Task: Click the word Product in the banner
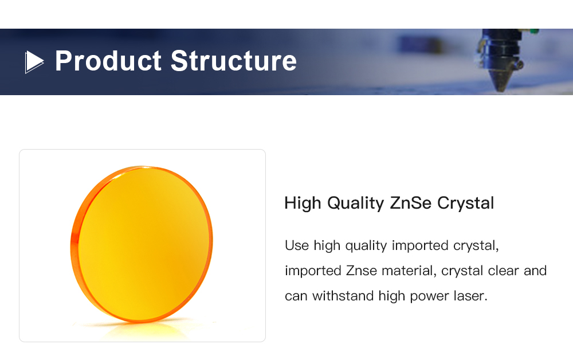point(108,61)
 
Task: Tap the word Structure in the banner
point(234,61)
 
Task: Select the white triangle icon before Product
point(34,62)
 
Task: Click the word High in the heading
point(303,203)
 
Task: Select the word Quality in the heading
point(355,203)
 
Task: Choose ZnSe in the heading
point(410,203)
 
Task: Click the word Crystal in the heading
point(465,203)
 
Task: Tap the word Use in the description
point(297,245)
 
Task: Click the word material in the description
point(409,271)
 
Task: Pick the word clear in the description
point(503,271)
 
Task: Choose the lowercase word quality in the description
point(366,246)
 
